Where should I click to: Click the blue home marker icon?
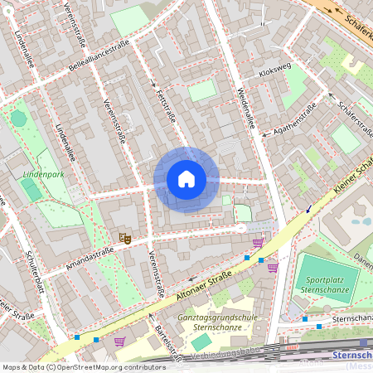coord(186,179)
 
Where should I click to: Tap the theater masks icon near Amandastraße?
coord(125,238)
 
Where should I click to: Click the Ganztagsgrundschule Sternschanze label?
coord(212,322)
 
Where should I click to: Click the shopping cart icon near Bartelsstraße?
coord(120,341)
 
